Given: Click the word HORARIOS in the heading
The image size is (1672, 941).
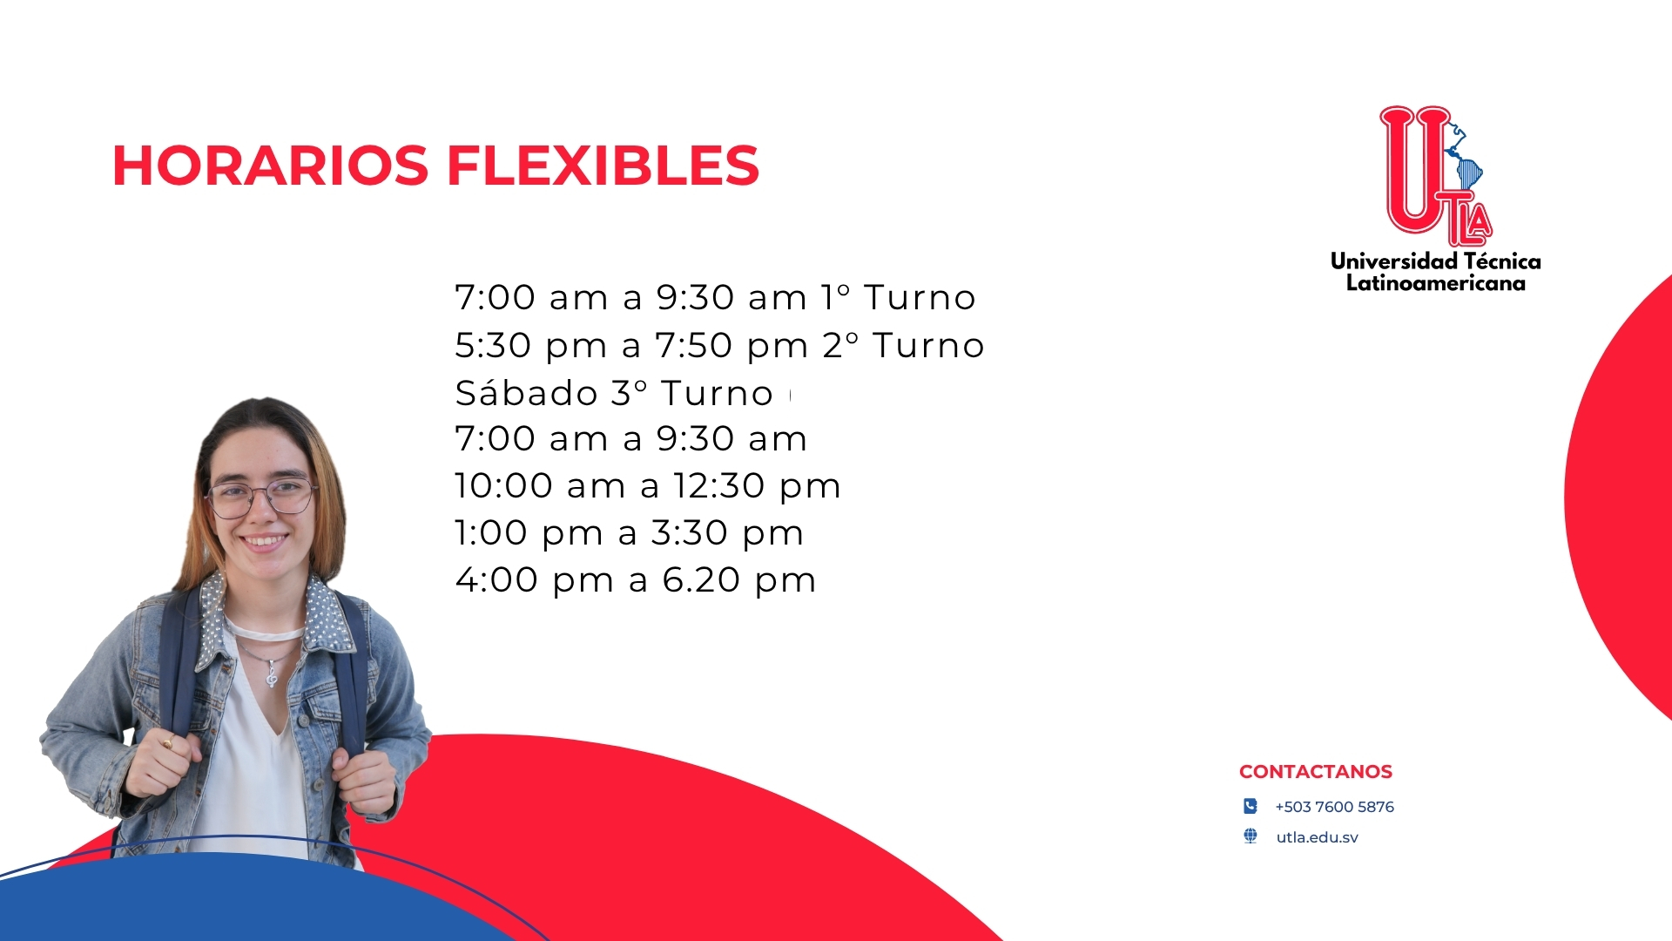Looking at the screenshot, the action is click(x=271, y=166).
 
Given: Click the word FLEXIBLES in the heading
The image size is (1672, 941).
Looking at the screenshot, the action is click(x=603, y=166).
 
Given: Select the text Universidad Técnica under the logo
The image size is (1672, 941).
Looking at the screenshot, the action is click(x=1436, y=261).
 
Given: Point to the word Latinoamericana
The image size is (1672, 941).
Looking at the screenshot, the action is click(x=1436, y=283).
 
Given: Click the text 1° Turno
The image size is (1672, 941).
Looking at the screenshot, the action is click(x=899, y=298).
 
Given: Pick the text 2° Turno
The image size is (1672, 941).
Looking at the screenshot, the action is click(x=903, y=346).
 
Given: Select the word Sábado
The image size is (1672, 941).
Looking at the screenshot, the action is click(x=526, y=393).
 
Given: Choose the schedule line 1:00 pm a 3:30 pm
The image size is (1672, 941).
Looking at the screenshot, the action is click(x=629, y=533).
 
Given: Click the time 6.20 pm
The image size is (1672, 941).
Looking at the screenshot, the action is click(x=738, y=580).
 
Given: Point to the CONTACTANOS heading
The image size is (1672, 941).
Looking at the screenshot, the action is click(x=1316, y=772).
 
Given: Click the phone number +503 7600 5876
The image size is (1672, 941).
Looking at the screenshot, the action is click(x=1334, y=807).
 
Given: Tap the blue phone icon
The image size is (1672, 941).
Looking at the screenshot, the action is click(x=1251, y=806).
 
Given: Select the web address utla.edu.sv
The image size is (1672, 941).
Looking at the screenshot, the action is click(x=1318, y=837).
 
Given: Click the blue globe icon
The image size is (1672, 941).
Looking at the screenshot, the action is click(x=1251, y=836).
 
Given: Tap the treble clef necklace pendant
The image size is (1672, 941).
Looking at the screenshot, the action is click(x=272, y=674).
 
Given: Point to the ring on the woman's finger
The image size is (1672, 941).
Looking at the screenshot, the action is click(x=166, y=742).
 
